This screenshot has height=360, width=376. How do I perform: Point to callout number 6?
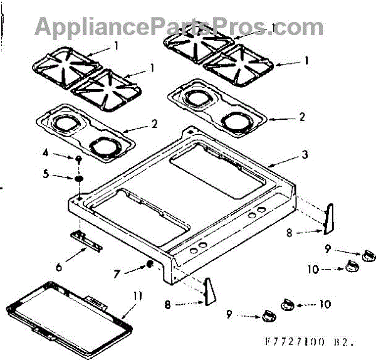coord(58,267)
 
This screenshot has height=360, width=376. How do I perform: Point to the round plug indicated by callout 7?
coord(149,264)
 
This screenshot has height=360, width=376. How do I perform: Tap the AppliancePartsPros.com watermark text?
coord(179,26)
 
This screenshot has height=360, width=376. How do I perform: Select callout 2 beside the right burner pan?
coord(302,117)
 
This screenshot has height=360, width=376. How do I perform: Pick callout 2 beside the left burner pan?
coord(155,124)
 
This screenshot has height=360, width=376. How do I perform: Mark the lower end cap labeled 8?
coord(210,292)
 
